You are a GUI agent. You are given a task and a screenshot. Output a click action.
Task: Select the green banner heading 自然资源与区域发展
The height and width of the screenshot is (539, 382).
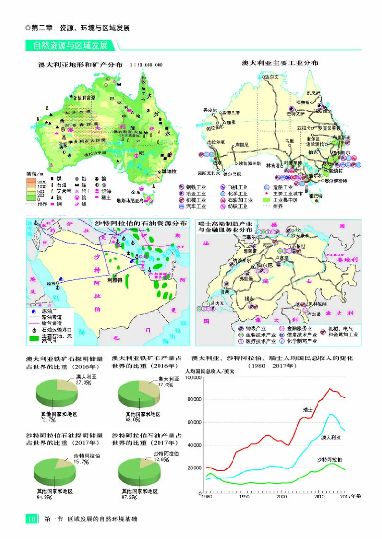tap(70, 46)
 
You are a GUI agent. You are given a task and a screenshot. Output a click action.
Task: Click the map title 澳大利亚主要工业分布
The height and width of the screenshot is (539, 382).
tap(280, 63)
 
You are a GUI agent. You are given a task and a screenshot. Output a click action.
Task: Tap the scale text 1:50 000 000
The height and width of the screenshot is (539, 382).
tap(146, 65)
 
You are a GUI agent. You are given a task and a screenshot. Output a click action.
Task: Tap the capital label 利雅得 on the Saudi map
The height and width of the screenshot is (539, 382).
tap(115, 281)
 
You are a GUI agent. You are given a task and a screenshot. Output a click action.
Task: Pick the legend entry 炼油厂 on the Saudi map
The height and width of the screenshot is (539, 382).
tap(50, 309)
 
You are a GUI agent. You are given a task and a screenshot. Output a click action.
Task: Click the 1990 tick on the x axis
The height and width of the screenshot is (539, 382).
tap(244, 496)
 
